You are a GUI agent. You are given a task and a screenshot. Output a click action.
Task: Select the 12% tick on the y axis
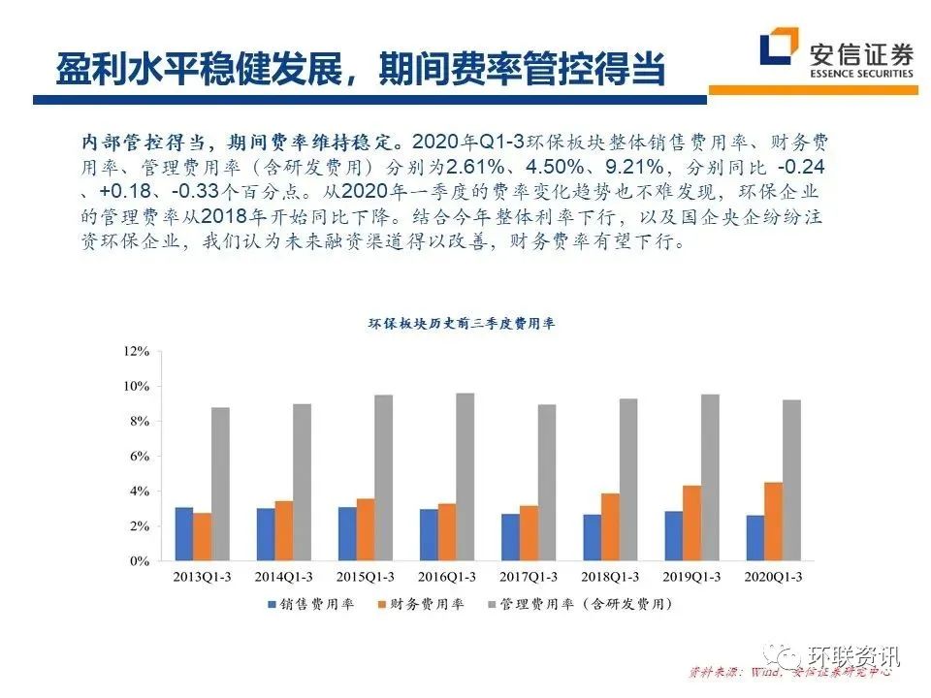(x=136, y=351)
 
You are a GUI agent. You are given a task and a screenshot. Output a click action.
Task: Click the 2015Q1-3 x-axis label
(x=365, y=577)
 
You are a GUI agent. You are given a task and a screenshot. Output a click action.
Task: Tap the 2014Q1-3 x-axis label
(x=283, y=577)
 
